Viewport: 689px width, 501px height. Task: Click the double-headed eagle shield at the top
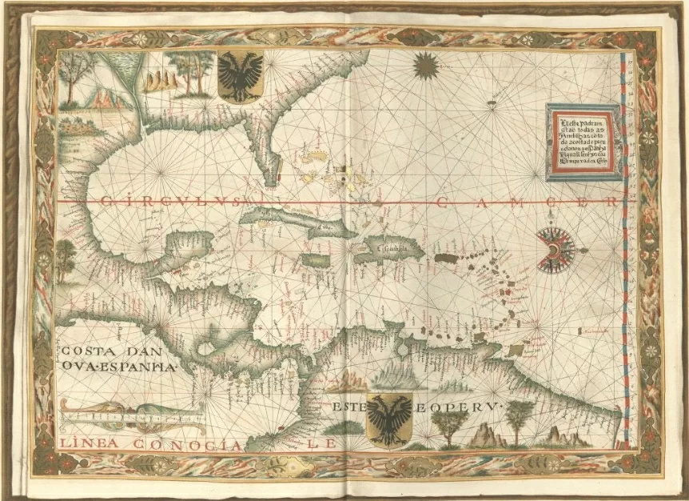coord(239,76)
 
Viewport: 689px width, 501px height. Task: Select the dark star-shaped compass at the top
coord(426,65)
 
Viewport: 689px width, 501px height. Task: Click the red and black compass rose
coord(555,249)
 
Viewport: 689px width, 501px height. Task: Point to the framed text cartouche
coord(583,142)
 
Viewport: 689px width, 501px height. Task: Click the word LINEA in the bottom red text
coord(83,444)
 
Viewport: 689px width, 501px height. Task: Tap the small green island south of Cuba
coord(316,261)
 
